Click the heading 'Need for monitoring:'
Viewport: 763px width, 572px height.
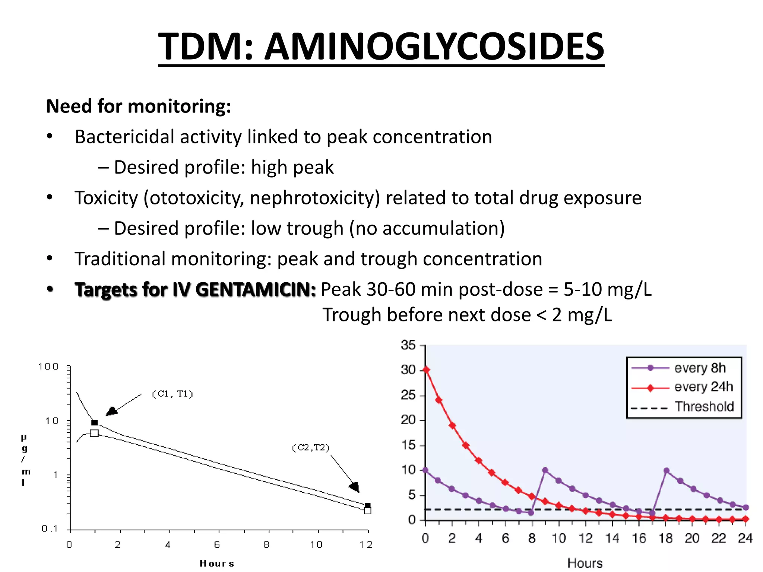point(139,106)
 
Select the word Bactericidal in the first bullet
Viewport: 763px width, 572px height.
point(125,137)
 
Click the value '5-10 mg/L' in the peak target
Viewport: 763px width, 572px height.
point(607,289)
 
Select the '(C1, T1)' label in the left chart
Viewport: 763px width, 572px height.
point(172,394)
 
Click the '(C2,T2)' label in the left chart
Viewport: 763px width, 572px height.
point(311,447)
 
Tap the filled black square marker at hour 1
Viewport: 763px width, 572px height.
point(95,423)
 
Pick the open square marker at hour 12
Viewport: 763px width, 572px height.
point(367,511)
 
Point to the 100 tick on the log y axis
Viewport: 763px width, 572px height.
point(49,366)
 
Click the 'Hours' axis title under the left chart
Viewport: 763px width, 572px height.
point(217,563)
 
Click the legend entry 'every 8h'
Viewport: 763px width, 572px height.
point(700,368)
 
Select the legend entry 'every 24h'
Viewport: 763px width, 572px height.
point(703,387)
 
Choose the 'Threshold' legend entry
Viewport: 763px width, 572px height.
point(704,406)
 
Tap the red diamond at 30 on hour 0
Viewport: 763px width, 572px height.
point(426,370)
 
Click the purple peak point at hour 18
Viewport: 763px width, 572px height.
point(667,471)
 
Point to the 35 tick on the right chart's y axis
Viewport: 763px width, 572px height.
point(408,345)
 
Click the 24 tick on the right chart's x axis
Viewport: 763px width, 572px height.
point(745,538)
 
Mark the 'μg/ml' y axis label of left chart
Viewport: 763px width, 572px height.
point(25,460)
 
